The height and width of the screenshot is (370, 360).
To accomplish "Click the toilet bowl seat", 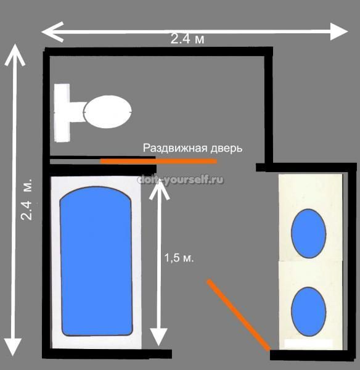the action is [108, 112].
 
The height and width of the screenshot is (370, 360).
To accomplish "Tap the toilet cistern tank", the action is [62, 113].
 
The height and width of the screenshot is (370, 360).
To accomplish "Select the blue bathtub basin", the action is [96, 261].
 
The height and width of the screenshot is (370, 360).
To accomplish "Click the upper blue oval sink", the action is [309, 233].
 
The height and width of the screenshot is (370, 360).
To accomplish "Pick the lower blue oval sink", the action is [309, 311].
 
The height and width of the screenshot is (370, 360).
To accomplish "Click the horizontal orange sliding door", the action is [158, 161].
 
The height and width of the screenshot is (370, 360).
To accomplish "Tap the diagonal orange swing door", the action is [239, 314].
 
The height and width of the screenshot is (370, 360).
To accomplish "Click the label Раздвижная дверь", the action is [192, 148].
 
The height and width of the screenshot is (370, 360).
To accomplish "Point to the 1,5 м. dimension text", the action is [179, 258].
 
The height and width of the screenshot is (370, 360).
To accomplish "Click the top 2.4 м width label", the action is [187, 39].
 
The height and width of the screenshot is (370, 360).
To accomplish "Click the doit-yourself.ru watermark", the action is [181, 180].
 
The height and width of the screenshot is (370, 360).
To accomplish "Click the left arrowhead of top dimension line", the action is [52, 32].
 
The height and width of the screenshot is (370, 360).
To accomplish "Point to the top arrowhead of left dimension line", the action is [15, 55].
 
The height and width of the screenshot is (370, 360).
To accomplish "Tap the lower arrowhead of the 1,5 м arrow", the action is [159, 337].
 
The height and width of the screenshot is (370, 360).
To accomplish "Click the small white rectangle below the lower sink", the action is [309, 343].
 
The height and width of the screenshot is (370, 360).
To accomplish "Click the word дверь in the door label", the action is [226, 149].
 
